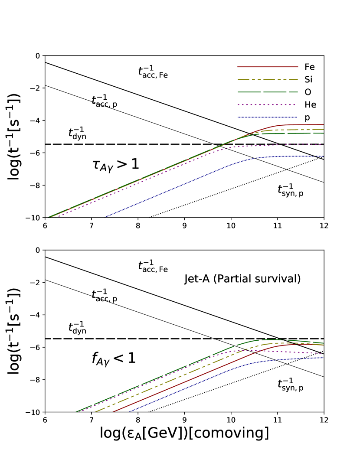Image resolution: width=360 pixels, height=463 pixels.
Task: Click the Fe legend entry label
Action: [310, 67]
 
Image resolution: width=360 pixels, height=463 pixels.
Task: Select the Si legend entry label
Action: [309, 80]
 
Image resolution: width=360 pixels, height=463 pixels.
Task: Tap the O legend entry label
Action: [308, 92]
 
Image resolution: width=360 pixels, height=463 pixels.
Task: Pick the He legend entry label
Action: [310, 104]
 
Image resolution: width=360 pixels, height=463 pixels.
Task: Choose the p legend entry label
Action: [308, 117]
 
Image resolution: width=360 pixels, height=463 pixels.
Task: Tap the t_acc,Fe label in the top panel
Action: [153, 72]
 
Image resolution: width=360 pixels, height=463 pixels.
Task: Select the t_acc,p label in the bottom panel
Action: [104, 296]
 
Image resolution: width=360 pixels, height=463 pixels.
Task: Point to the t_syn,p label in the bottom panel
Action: [291, 385]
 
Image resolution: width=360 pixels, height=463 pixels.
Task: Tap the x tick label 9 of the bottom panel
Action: [184, 420]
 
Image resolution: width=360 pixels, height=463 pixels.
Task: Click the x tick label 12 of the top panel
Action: [324, 226]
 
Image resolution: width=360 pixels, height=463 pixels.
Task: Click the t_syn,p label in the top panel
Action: [291, 190]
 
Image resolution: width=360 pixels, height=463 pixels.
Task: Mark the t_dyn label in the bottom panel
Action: [77, 328]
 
